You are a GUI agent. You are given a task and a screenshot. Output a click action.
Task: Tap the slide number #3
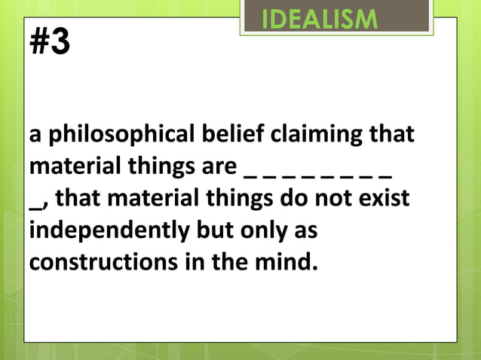49,42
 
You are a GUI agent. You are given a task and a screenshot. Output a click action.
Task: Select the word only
257,231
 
